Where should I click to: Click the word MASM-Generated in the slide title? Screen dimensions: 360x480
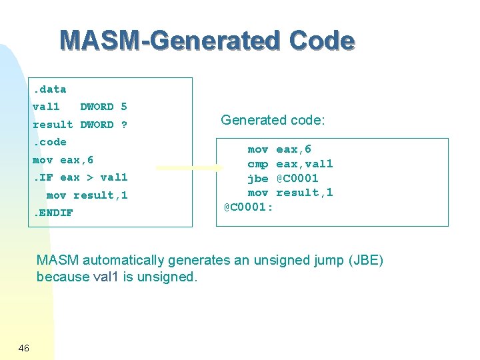click(x=170, y=41)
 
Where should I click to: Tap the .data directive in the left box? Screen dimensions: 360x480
click(x=49, y=89)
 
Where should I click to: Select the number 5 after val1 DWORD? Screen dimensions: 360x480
click(x=124, y=107)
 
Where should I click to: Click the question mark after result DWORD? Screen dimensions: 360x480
click(x=124, y=125)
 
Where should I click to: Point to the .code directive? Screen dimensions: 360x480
click(x=49, y=142)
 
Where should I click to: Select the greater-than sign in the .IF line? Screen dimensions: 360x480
click(x=90, y=177)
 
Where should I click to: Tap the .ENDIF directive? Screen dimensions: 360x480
click(x=53, y=213)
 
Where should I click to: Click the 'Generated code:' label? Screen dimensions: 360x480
click(x=273, y=120)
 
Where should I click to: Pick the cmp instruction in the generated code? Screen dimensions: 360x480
click(x=258, y=164)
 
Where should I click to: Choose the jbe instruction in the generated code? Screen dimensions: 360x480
click(x=258, y=179)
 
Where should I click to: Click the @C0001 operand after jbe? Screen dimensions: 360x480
click(x=297, y=179)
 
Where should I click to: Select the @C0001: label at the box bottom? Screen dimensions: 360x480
click(x=248, y=207)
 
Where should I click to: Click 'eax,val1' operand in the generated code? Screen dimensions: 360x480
click(x=305, y=164)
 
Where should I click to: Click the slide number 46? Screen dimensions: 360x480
click(x=23, y=348)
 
